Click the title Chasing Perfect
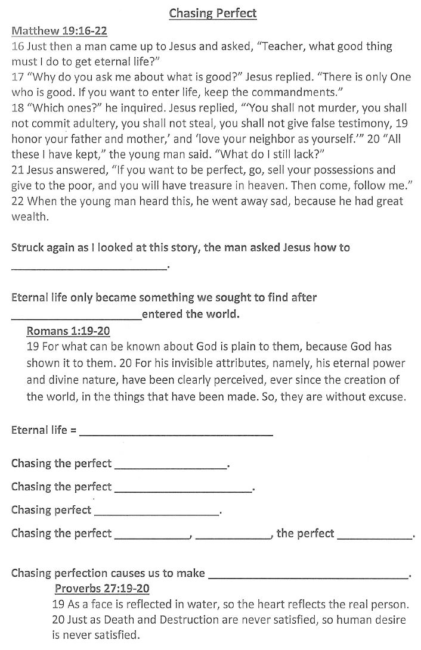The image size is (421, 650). (x=213, y=13)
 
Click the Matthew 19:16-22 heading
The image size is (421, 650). (x=59, y=31)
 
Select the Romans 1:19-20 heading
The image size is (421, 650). (x=68, y=331)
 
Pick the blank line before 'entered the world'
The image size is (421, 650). (x=76, y=318)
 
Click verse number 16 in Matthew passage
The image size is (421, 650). (x=17, y=46)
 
